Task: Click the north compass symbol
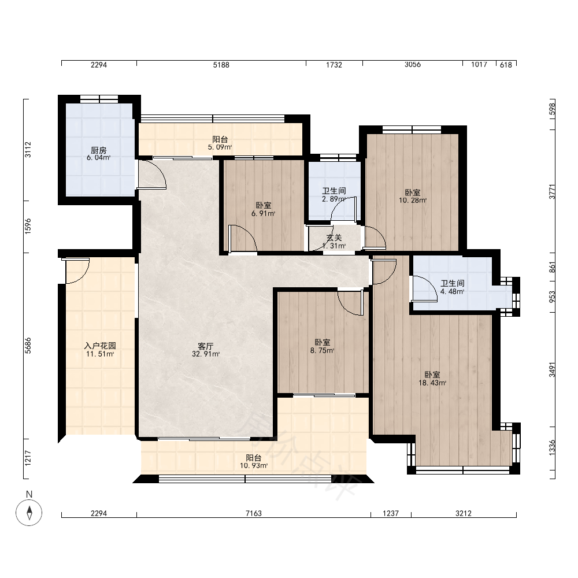pyautogui.click(x=29, y=512)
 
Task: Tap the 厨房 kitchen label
pyautogui.click(x=99, y=150)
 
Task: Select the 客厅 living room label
pyautogui.click(x=206, y=346)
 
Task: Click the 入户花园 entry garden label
pyautogui.click(x=100, y=346)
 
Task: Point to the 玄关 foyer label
pyautogui.click(x=334, y=238)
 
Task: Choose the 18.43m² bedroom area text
pyautogui.click(x=432, y=383)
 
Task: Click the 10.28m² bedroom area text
pyautogui.click(x=413, y=201)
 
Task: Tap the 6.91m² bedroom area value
pyautogui.click(x=264, y=213)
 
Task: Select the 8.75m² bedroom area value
pyautogui.click(x=323, y=351)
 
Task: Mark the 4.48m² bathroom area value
pyautogui.click(x=453, y=291)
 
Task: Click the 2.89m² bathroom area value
pyautogui.click(x=334, y=199)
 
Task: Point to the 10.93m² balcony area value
pyautogui.click(x=254, y=465)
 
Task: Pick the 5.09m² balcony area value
pyautogui.click(x=220, y=147)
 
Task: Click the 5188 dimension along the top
pyautogui.click(x=221, y=65)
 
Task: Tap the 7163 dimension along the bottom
pyautogui.click(x=254, y=513)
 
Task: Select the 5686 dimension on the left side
pyautogui.click(x=28, y=346)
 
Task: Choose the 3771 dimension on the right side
pyautogui.click(x=552, y=191)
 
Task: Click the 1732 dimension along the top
pyautogui.click(x=334, y=65)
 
